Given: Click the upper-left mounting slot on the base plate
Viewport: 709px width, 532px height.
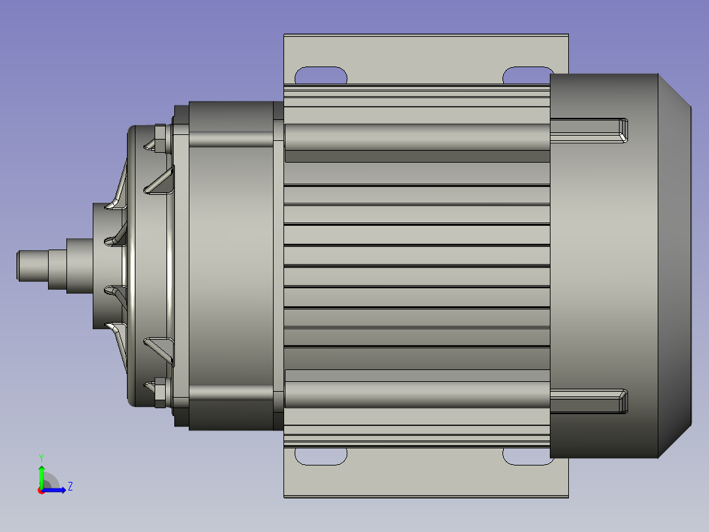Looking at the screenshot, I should pos(320,75).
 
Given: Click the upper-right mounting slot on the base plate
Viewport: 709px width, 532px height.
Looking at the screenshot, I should pos(527,75).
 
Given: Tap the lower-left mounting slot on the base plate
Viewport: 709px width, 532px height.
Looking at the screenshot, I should pos(320,456).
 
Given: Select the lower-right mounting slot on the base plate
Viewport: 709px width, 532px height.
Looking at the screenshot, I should pos(527,456).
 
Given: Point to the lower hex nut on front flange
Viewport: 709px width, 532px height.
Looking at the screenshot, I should pos(159,393).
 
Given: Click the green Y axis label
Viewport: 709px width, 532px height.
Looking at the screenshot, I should pos(41,457).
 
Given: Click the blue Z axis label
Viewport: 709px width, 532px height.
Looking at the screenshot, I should pos(70,487).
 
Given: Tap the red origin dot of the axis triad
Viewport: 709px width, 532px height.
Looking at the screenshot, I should pos(41,491).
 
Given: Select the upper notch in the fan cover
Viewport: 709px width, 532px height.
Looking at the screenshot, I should pos(589,130).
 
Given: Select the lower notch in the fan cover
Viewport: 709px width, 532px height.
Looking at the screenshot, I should pos(589,401).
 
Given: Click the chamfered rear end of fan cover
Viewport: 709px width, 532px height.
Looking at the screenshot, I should pos(674,265).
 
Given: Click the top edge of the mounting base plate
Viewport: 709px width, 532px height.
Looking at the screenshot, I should pos(426,36).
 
